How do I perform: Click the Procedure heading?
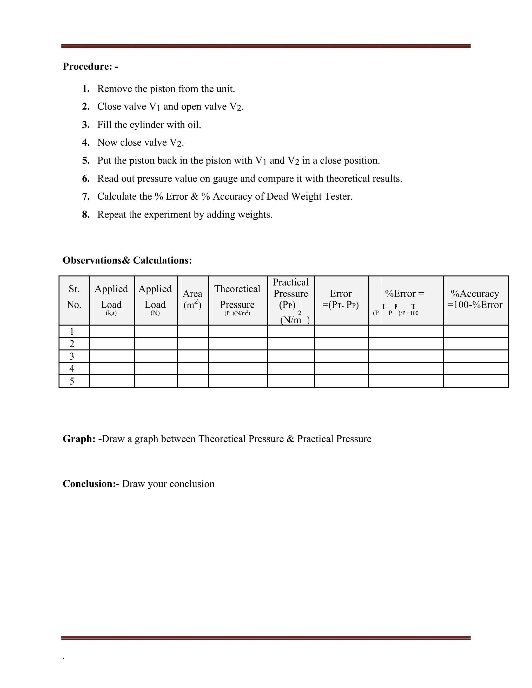click(x=90, y=66)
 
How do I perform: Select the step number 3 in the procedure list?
click(x=86, y=125)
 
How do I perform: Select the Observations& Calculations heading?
click(x=127, y=260)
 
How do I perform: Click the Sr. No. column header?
click(x=74, y=297)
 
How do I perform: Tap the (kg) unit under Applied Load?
click(x=111, y=313)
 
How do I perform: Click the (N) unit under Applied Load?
click(x=155, y=313)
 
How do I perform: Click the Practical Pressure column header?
click(x=291, y=293)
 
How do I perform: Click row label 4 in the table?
click(x=72, y=369)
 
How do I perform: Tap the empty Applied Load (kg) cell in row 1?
click(x=112, y=331)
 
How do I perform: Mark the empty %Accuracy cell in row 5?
click(x=476, y=381)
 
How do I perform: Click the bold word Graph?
click(x=79, y=439)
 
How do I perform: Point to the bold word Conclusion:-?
click(x=91, y=484)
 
